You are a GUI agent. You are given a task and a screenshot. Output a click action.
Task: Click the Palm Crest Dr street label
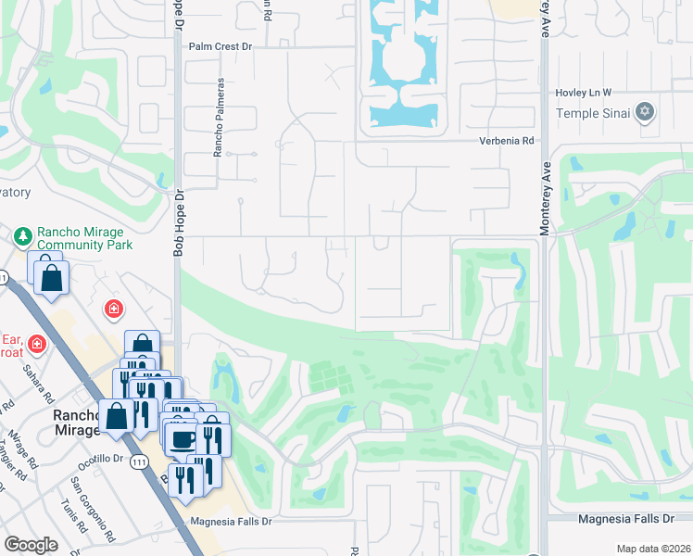pos(220,45)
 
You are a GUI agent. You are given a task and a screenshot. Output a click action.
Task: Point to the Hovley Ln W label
pos(584,93)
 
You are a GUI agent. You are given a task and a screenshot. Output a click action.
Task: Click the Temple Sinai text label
pos(592,113)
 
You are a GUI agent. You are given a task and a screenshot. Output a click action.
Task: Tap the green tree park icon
pos(23,237)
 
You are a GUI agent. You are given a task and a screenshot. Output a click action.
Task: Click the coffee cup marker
pos(182,437)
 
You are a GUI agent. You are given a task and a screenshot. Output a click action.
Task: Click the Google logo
pos(31,544)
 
